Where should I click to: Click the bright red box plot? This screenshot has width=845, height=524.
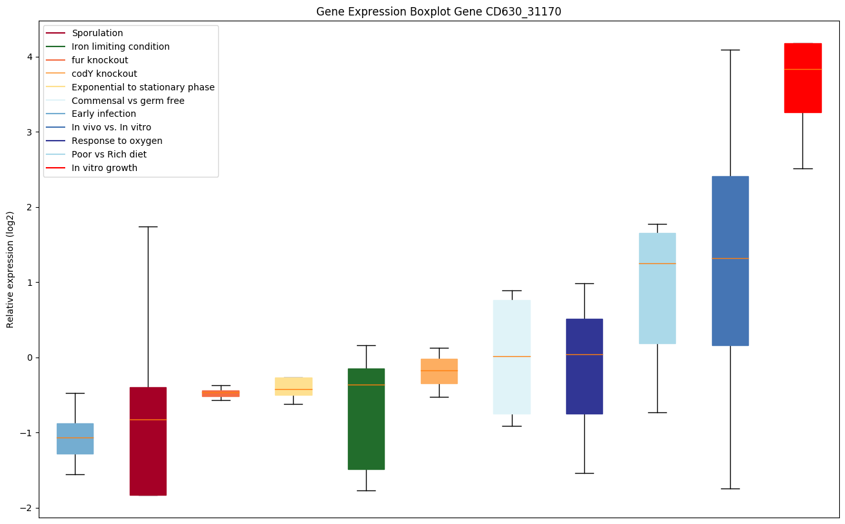[802, 78]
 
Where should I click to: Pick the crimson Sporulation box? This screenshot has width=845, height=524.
[148, 441]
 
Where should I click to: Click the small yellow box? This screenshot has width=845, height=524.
[294, 386]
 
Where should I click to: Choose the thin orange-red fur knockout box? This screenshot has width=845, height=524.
[221, 393]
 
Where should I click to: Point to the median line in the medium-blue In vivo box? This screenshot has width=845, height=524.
[730, 258]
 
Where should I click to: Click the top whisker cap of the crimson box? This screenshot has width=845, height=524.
[148, 227]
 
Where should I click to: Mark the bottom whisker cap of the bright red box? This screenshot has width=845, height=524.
[802, 168]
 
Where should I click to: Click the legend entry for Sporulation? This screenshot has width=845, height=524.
[97, 33]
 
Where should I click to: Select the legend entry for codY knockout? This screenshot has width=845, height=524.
[104, 74]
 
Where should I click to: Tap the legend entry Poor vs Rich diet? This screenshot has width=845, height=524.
[109, 154]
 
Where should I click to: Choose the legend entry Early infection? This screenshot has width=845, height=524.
[104, 114]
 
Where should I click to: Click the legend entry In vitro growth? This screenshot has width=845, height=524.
[105, 168]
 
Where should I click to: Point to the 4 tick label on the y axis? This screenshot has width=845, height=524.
[30, 57]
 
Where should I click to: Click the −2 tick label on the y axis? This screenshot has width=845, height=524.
[26, 508]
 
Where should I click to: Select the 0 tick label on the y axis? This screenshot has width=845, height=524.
[30, 358]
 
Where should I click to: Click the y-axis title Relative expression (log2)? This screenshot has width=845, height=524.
[10, 269]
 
